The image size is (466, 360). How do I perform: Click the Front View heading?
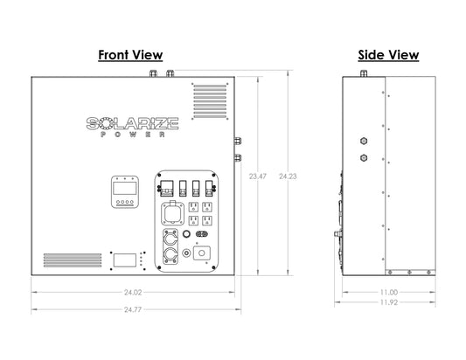pos(130,55)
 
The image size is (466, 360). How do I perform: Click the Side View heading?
pos(388,55)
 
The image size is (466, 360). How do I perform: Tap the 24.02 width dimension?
pos(133,292)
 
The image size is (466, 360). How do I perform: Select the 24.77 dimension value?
pos(133,309)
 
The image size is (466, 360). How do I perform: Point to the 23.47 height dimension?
pos(258,177)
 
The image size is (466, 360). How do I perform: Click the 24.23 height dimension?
pos(288,177)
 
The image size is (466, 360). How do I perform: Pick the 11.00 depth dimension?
pos(389,292)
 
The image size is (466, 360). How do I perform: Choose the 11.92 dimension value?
pos(389,302)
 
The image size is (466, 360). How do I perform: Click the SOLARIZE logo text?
pos(133,123)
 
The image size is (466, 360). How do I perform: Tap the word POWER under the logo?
pos(133,135)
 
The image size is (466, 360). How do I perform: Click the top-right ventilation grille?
pos(210,101)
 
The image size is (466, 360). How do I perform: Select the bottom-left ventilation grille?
pos(73,260)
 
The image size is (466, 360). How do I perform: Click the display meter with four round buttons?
pos(125,192)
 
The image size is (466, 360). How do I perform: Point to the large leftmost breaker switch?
pos(166,189)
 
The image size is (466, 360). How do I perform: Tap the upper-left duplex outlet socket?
pos(193,207)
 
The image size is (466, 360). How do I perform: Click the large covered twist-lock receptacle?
pos(172,213)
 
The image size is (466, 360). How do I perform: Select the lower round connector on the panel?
pos(170,256)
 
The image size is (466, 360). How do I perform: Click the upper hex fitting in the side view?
pos(364,141)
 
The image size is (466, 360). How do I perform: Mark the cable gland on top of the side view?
pos(364,73)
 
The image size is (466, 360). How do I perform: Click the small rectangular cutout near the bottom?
pos(125,260)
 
